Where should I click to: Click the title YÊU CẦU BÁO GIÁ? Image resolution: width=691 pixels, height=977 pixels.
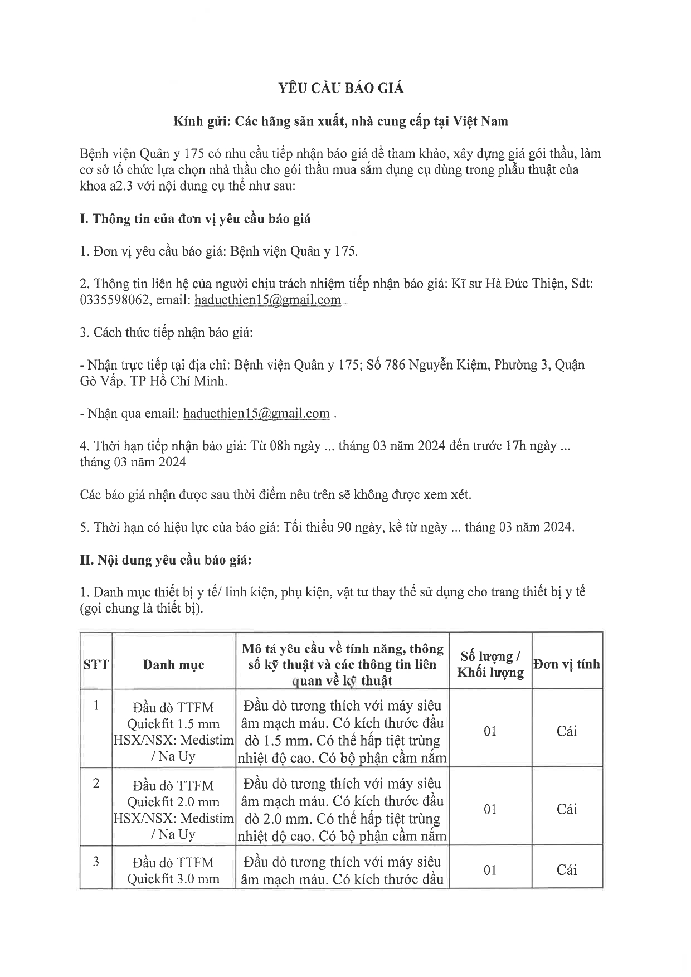pyautogui.click(x=340, y=88)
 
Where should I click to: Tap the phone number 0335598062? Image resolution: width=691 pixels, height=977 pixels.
pyautogui.click(x=115, y=300)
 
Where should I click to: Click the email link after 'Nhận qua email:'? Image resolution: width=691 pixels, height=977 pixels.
pyautogui.click(x=256, y=414)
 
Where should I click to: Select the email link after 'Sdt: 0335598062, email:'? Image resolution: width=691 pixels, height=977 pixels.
pyautogui.click(x=267, y=300)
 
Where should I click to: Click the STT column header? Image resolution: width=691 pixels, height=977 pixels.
pyautogui.click(x=96, y=664)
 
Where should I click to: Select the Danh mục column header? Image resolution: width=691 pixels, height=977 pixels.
pyautogui.click(x=173, y=664)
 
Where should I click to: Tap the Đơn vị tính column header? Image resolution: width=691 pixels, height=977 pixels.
pyautogui.click(x=567, y=664)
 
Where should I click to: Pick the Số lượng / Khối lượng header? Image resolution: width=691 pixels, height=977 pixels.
pyautogui.click(x=490, y=664)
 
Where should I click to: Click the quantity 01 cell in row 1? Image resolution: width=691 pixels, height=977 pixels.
pyautogui.click(x=490, y=731)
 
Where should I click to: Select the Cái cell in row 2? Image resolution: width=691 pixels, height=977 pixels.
pyautogui.click(x=567, y=809)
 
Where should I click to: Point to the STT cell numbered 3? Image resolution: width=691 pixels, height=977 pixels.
pyautogui.click(x=96, y=862)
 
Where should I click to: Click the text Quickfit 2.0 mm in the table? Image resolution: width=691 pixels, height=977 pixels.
pyautogui.click(x=173, y=802)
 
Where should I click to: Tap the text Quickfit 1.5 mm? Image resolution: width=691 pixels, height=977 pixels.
pyautogui.click(x=173, y=724)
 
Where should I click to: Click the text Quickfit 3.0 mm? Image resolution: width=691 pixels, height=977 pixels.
pyautogui.click(x=173, y=879)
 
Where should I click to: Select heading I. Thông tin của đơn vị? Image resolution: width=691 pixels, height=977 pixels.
pyautogui.click(x=195, y=219)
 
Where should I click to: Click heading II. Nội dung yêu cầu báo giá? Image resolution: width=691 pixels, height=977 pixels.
pyautogui.click(x=166, y=560)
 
